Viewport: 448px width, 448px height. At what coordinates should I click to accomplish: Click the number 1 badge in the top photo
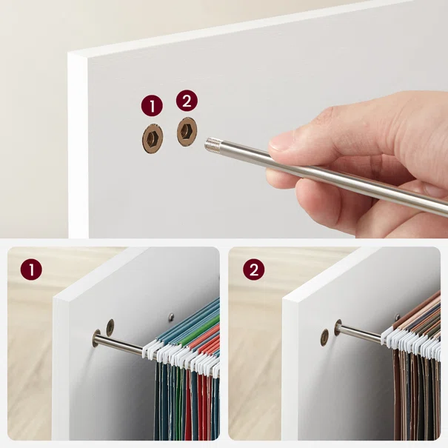(152, 106)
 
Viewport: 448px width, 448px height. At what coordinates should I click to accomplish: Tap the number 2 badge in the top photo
(187, 101)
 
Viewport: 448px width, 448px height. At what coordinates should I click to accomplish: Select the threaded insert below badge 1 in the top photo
(153, 139)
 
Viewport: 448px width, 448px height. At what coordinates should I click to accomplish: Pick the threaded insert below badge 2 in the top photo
(187, 132)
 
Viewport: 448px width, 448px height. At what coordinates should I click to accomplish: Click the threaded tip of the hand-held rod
(213, 144)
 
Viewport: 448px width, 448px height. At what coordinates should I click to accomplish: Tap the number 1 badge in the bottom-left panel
(31, 270)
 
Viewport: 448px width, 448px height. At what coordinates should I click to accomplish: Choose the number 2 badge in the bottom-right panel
(254, 270)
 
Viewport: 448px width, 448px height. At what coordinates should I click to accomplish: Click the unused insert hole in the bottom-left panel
(110, 327)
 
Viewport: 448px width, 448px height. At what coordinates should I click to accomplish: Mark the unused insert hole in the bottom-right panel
(324, 338)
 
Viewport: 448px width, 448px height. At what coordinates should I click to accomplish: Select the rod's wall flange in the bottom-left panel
(96, 338)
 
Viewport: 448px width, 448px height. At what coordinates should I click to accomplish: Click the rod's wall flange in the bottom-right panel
(338, 328)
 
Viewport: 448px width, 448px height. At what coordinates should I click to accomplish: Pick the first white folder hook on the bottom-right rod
(388, 334)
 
